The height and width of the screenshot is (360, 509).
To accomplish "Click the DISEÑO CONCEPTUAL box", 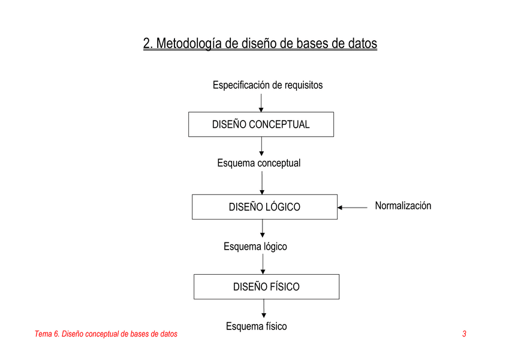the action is point(261,124).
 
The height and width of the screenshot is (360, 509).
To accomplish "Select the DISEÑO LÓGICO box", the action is point(264,207).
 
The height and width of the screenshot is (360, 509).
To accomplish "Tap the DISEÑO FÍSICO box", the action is point(267,287).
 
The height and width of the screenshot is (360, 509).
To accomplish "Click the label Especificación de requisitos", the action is point(268,85).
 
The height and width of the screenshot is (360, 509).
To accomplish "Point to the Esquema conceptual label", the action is point(259,163).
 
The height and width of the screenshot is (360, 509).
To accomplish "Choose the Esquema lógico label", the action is point(255,247).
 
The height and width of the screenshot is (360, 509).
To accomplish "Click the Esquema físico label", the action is point(257,326).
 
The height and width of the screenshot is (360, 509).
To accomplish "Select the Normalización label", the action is point(403,206).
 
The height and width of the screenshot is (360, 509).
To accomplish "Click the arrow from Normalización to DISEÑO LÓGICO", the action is point(352,207).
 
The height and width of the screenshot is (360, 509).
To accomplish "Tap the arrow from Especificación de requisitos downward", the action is point(261,103).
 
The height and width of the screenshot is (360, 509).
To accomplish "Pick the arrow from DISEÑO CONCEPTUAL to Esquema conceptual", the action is point(261,146).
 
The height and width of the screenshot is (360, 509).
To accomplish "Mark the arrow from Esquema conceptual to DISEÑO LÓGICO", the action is point(262,183).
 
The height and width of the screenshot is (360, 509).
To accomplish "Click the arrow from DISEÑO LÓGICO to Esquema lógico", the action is point(262,229).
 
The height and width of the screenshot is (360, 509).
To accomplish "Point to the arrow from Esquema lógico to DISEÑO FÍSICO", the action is point(263,264).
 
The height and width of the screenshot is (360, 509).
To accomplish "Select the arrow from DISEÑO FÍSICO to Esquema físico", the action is point(264,308).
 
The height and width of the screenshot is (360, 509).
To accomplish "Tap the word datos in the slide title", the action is point(363,43).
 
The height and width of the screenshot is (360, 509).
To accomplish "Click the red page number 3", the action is point(464,334).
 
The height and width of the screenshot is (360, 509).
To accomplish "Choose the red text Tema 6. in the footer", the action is point(47,334).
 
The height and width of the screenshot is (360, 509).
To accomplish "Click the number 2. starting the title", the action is point(148,44).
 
